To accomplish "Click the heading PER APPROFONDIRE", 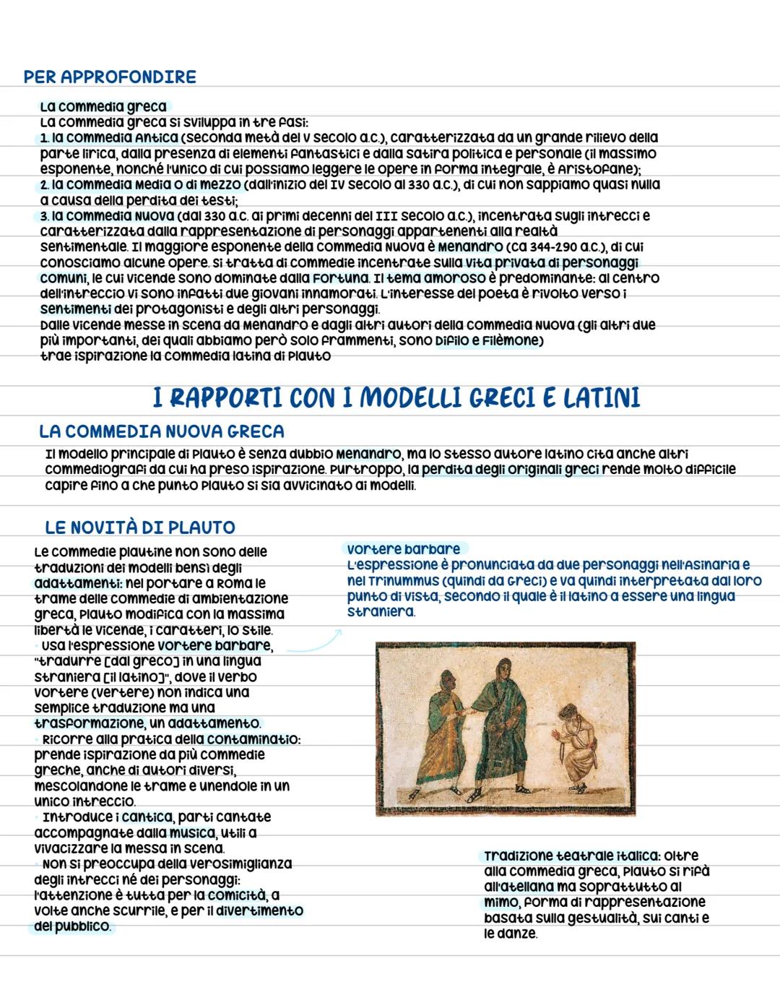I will [x=110, y=77].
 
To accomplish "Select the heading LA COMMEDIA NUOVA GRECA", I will [x=162, y=431].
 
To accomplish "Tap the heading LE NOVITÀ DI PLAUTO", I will [x=140, y=527].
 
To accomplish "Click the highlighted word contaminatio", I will [x=253, y=739].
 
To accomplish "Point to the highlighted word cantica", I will [x=147, y=817].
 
